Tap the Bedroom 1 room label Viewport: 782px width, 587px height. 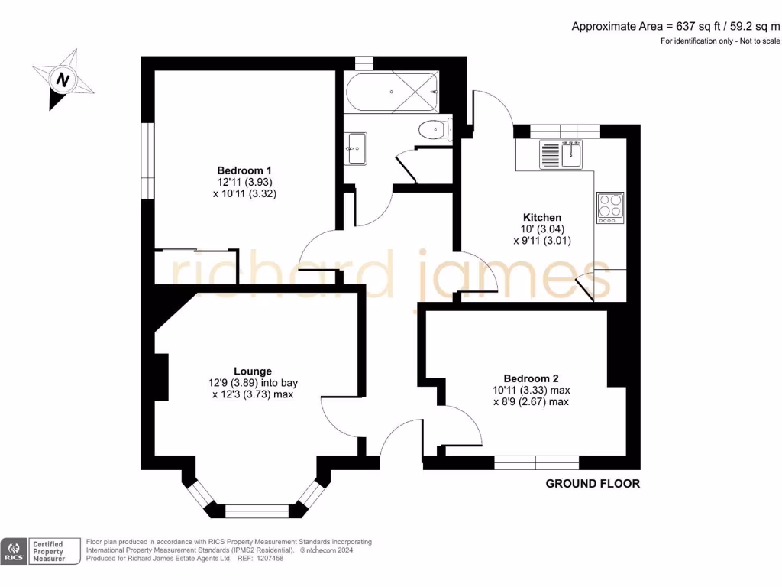244,170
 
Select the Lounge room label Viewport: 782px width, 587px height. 253,371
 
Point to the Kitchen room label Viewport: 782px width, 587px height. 542,218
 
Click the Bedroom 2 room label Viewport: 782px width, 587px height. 531,378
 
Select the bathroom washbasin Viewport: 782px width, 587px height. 355,147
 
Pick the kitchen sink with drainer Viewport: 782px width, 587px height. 561,154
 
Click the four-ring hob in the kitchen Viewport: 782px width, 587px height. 610,207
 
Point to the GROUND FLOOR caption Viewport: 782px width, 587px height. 593,483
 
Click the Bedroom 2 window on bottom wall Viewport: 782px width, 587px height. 535,462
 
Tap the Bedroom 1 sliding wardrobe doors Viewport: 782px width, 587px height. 194,250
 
